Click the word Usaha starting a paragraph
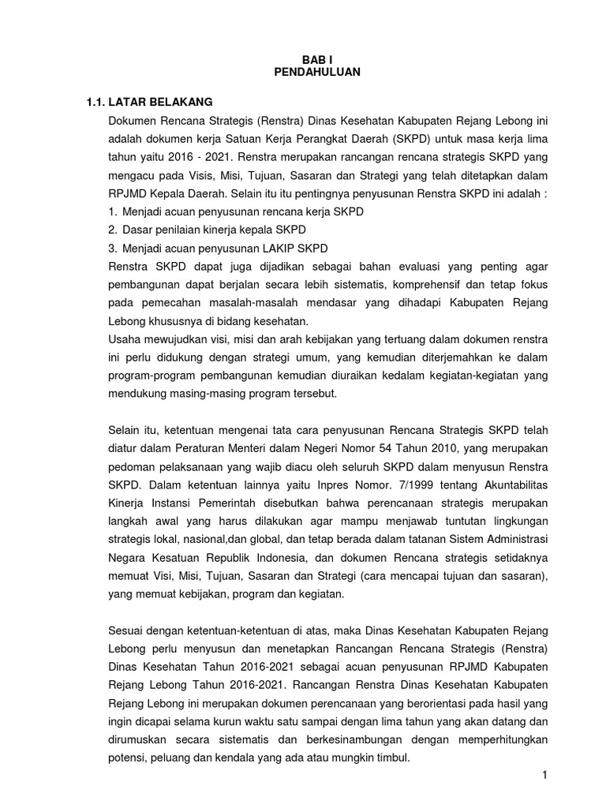[128, 340]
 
